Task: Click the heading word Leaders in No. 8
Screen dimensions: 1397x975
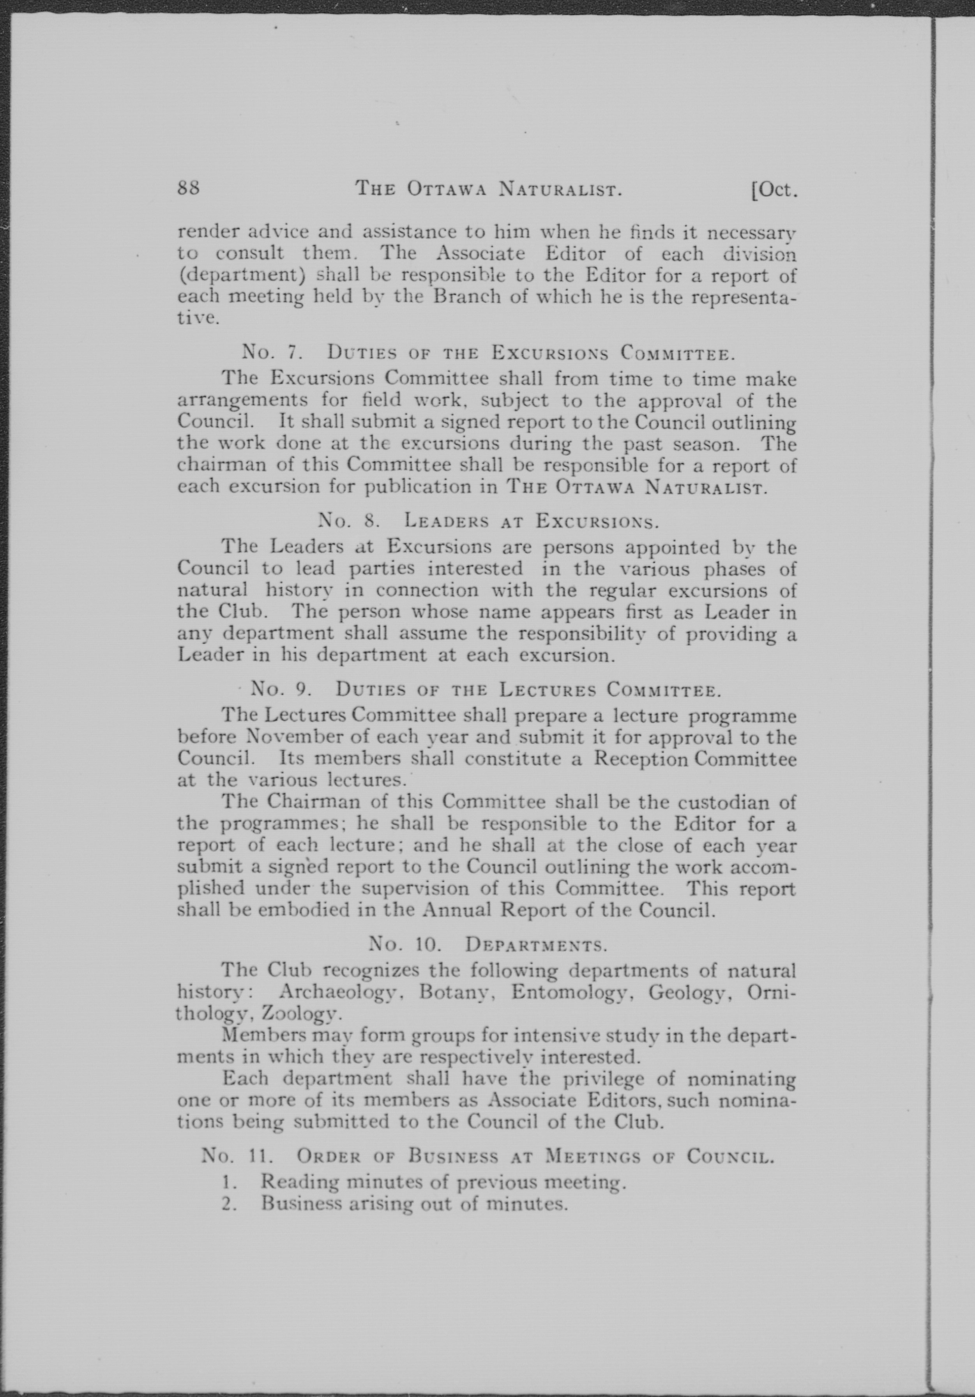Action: pyautogui.click(x=447, y=521)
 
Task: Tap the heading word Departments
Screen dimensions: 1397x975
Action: pyautogui.click(x=535, y=944)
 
